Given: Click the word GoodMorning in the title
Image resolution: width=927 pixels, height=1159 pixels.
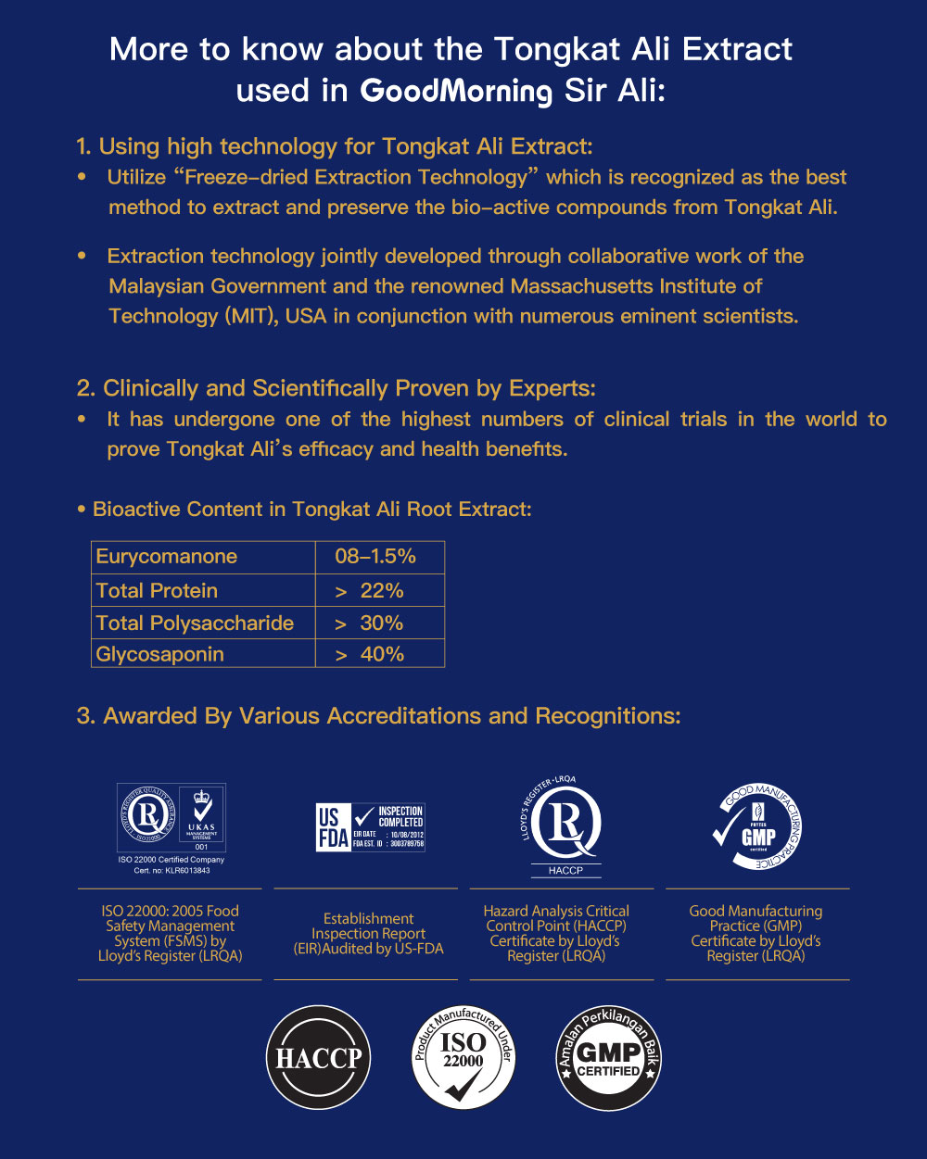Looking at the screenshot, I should click(x=455, y=92).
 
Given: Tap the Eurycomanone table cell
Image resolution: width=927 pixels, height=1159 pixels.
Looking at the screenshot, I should click(x=204, y=557).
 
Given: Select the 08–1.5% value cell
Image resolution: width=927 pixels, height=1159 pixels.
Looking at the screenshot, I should click(x=379, y=557).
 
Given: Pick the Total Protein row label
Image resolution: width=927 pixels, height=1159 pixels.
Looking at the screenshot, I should click(x=204, y=591).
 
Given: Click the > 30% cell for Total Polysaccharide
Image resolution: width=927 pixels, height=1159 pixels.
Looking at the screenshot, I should click(x=379, y=624).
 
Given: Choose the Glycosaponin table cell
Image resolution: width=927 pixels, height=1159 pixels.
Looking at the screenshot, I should click(x=204, y=654).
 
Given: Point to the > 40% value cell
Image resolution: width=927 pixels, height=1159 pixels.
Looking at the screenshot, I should click(x=379, y=654).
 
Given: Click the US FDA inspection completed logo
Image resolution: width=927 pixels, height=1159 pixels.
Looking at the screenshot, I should click(x=370, y=827).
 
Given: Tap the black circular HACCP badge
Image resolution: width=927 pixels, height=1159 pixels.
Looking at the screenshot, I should click(x=318, y=1057).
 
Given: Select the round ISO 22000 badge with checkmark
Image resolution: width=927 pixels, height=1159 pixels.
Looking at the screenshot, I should click(x=463, y=1057).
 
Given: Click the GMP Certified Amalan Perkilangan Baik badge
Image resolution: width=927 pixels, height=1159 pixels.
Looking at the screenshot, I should click(x=608, y=1057).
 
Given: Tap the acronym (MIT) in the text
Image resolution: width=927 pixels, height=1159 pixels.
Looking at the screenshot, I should click(x=248, y=316).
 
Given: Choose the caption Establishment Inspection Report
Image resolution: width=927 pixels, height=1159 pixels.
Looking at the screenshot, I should click(x=368, y=926).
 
